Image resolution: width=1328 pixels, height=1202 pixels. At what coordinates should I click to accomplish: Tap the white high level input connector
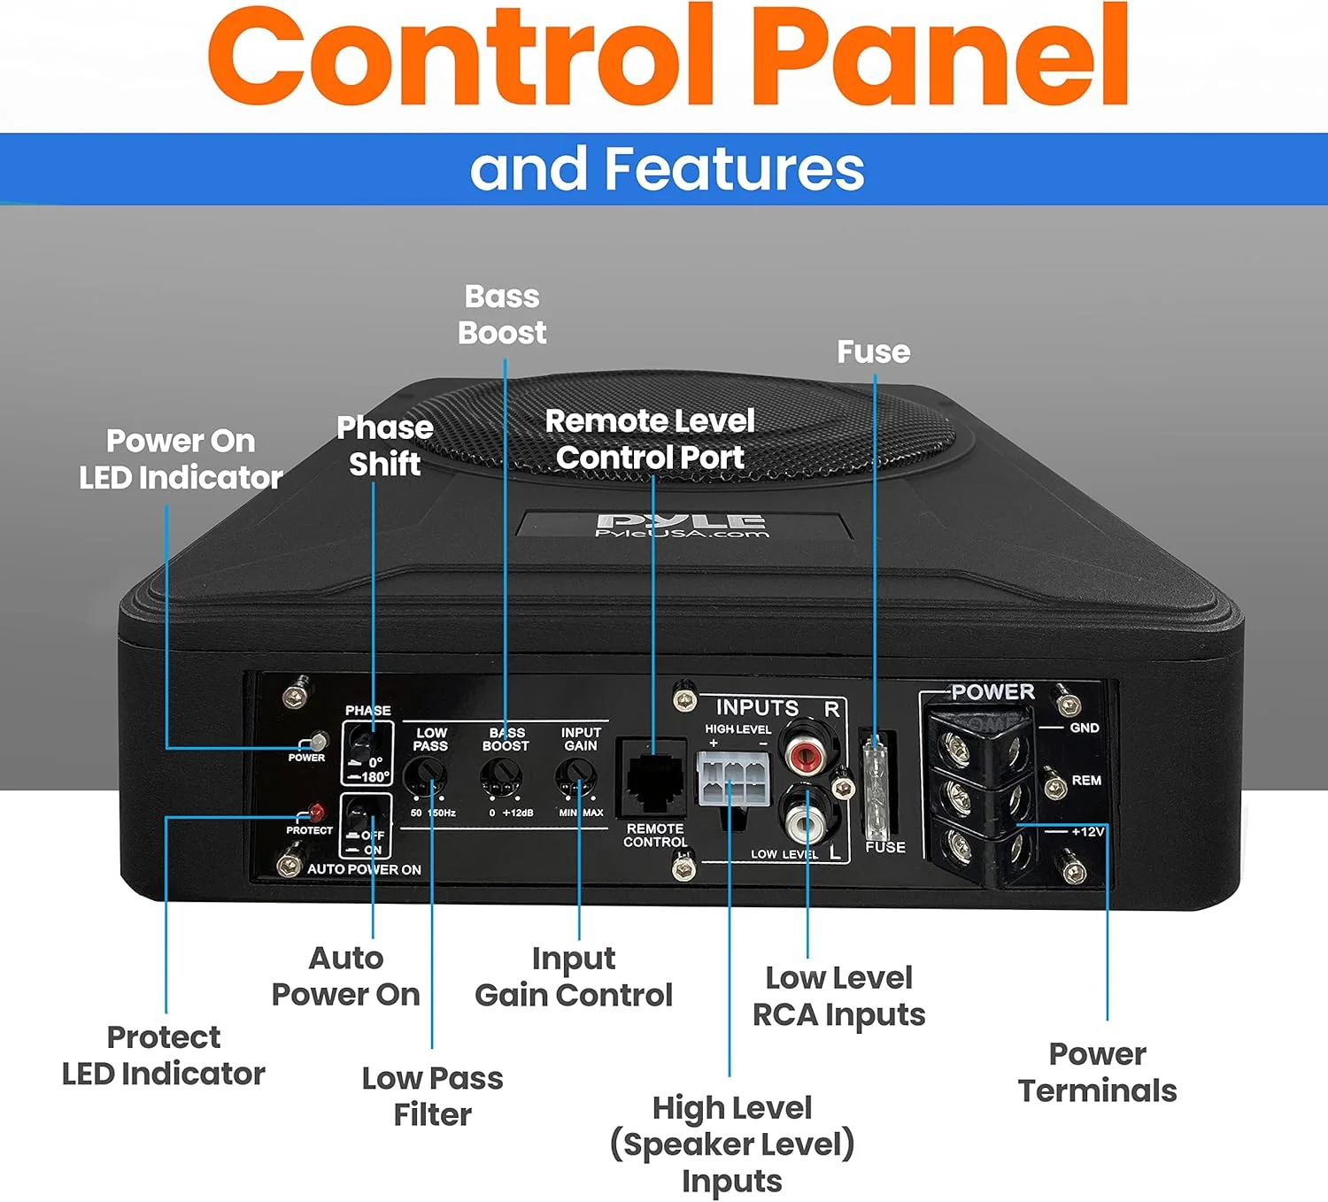pos(732,779)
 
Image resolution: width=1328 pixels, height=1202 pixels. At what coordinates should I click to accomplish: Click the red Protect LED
pos(315,812)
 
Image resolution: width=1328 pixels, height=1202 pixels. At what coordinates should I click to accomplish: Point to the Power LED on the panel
pos(315,742)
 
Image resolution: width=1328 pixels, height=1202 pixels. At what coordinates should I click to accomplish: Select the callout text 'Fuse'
pos(874,351)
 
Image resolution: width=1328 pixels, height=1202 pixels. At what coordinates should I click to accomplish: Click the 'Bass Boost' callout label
pos(502,314)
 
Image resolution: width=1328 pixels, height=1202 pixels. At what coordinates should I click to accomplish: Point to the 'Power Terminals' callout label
pos(1097,1072)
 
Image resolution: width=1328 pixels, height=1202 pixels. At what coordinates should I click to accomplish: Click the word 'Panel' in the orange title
pos(942,55)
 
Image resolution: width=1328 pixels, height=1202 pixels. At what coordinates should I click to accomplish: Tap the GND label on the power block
pos(1085,728)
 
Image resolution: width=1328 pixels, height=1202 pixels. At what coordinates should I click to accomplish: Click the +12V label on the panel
pos(1087,831)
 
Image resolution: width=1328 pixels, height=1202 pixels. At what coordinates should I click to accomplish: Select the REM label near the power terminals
pos(1086,780)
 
